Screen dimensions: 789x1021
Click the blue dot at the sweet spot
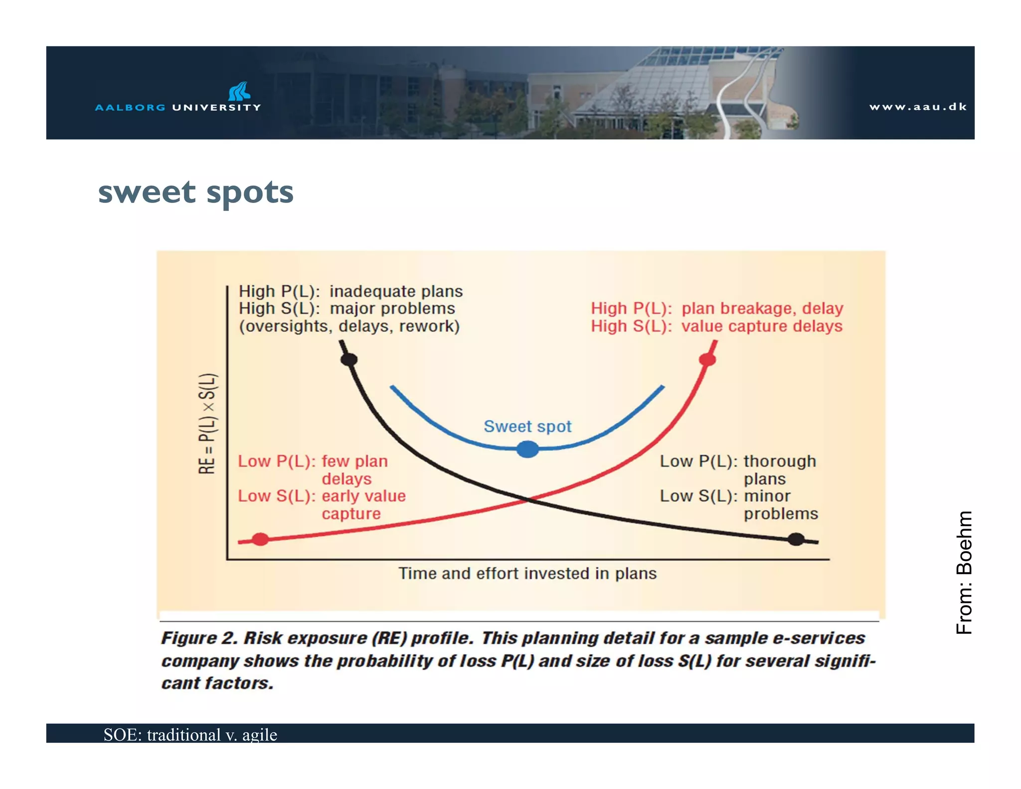coord(527,449)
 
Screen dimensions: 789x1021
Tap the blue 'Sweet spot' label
coord(527,426)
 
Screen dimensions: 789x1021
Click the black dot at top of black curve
coord(349,359)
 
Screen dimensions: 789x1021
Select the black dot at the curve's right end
coord(796,539)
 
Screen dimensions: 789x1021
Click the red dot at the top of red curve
coord(707,359)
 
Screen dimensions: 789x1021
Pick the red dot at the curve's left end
coord(260,539)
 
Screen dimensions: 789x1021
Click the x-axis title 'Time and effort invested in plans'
coord(527,574)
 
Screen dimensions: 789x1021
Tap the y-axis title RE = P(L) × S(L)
coord(207,423)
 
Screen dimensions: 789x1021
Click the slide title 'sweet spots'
coord(196,193)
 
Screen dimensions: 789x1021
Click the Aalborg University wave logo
coord(239,91)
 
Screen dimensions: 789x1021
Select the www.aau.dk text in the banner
coord(917,107)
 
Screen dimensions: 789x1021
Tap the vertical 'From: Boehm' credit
coord(964,572)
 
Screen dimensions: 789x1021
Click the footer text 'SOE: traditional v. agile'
coord(190,735)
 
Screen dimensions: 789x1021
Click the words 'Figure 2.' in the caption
coord(199,638)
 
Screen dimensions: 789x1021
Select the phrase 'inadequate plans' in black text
coord(396,291)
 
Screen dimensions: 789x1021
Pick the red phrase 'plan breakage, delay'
coord(762,308)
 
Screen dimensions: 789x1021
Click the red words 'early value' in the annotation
coord(363,496)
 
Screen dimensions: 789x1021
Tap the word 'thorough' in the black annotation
coord(780,461)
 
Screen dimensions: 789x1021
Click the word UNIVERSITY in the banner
coord(216,107)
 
